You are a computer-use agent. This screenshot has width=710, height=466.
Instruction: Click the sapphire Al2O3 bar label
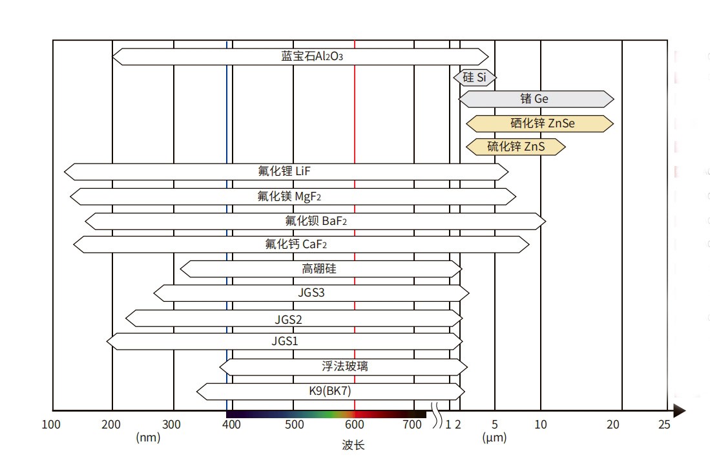(x=311, y=56)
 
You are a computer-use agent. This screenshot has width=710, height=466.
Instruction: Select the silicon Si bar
(x=475, y=78)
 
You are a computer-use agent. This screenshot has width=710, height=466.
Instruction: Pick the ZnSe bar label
(x=541, y=123)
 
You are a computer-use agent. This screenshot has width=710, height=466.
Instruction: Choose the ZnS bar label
(x=516, y=147)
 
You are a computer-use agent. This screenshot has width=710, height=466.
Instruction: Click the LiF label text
(x=285, y=171)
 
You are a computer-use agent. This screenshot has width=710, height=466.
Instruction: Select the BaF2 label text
(x=316, y=221)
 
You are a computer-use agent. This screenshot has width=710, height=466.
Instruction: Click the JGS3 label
(x=311, y=293)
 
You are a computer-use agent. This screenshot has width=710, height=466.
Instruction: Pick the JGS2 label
(x=288, y=319)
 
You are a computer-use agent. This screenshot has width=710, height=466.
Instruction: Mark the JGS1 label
(x=285, y=341)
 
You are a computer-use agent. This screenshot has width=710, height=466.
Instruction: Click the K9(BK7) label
(x=329, y=391)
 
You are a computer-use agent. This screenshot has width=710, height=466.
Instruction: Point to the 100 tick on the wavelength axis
(x=52, y=425)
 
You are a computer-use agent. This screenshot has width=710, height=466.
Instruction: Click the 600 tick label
(x=354, y=425)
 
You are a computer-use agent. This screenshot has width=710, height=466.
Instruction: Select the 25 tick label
(x=664, y=425)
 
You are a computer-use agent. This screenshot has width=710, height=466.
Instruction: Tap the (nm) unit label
(x=148, y=438)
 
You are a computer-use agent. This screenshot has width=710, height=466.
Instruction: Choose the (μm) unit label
(x=494, y=438)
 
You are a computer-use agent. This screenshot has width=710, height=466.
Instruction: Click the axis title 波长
(x=353, y=445)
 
